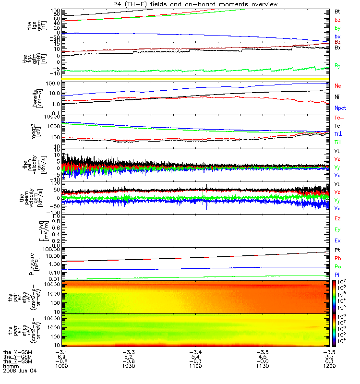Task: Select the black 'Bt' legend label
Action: pyautogui.click(x=337, y=11)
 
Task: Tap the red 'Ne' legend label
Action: pyautogui.click(x=338, y=85)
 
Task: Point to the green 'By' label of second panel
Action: pyautogui.click(x=338, y=65)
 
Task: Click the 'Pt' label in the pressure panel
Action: pyautogui.click(x=337, y=251)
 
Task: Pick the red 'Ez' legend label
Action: pyautogui.click(x=338, y=218)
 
